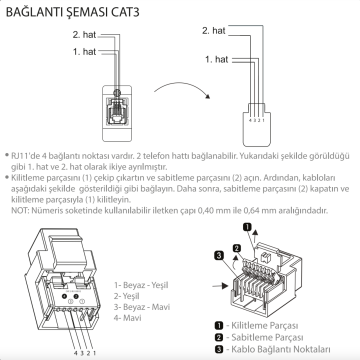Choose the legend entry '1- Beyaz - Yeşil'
[143, 285]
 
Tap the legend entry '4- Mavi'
[129, 317]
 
